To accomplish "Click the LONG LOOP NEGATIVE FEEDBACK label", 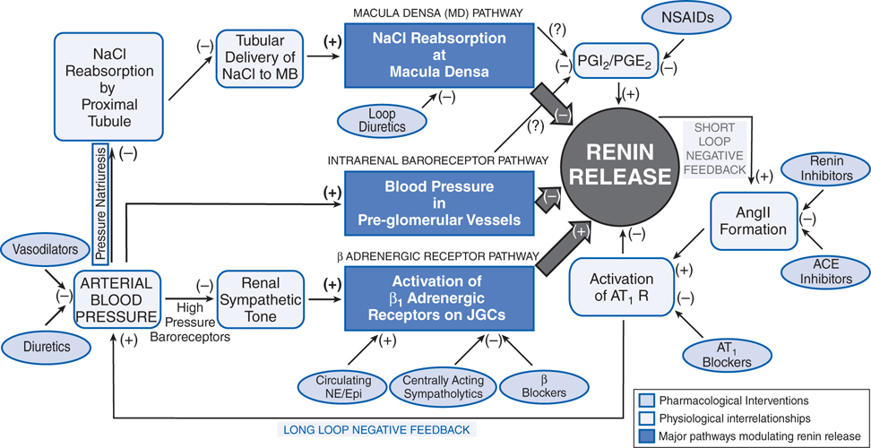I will pyautogui.click(x=376, y=430).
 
